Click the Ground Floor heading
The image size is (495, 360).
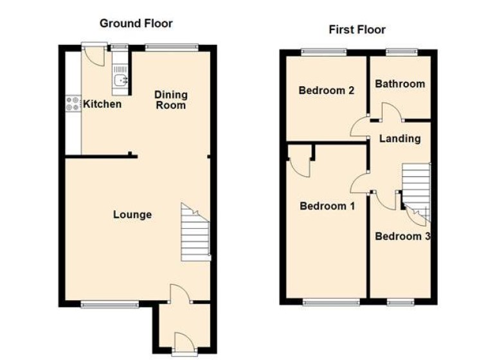[136, 24]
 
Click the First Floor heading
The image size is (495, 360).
[357, 30]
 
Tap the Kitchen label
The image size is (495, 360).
[102, 104]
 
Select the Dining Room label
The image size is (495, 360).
[170, 100]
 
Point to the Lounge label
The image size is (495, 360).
[132, 215]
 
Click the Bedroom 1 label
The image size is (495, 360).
[327, 206]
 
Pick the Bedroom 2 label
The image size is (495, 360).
[327, 91]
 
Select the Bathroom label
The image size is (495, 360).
[400, 84]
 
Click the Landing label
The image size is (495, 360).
[400, 138]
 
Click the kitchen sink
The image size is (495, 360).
[120, 80]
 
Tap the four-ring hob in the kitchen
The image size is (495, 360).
[73, 104]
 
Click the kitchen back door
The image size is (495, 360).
[94, 55]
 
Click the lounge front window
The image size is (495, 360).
[109, 305]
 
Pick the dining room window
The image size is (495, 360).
[172, 46]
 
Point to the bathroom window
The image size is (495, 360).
[402, 51]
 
